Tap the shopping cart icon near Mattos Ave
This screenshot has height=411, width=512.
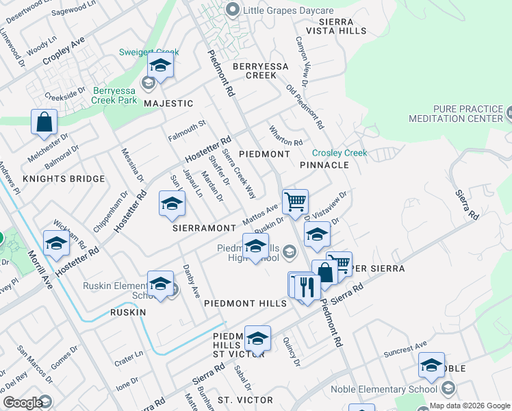point(295,201)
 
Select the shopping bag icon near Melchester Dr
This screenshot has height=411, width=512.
point(44,122)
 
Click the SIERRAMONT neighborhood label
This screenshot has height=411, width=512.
point(204,227)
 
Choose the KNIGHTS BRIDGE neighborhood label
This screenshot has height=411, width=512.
point(64,179)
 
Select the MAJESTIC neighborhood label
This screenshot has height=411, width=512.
point(169,103)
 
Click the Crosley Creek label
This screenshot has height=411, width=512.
point(340,153)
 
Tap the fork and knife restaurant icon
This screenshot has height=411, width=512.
point(307,285)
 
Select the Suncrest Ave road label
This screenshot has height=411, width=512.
point(405,349)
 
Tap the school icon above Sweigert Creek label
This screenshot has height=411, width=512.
point(160,66)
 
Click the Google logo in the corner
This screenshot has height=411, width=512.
point(23,403)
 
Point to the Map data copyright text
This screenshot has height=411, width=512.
point(469,406)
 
